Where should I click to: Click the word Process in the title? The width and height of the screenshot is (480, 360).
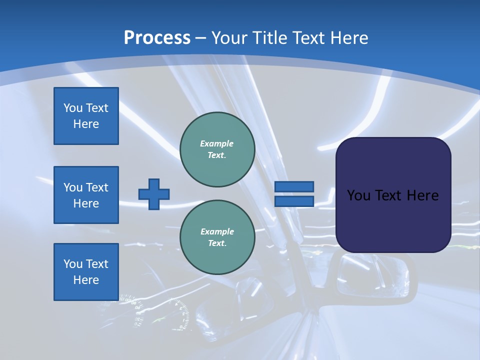tap(157, 37)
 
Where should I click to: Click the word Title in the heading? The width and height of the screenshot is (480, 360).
tap(271, 37)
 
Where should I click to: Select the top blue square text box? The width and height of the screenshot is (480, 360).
tap(86, 116)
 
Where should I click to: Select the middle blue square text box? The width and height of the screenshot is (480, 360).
tap(86, 195)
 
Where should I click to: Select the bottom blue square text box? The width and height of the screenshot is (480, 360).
tap(86, 271)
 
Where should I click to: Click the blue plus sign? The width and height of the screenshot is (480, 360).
tap(154, 194)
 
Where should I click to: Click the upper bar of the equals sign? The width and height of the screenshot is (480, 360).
tap(294, 187)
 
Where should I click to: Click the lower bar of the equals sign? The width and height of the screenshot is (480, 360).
tap(294, 201)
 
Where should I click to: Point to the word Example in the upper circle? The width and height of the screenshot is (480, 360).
tap(216, 143)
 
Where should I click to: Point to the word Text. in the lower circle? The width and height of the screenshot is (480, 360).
tap(216, 243)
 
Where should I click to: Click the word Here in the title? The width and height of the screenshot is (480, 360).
tap(348, 37)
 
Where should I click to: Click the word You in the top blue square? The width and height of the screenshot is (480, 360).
tap(73, 108)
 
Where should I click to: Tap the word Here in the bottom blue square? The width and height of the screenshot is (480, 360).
tap(86, 280)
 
